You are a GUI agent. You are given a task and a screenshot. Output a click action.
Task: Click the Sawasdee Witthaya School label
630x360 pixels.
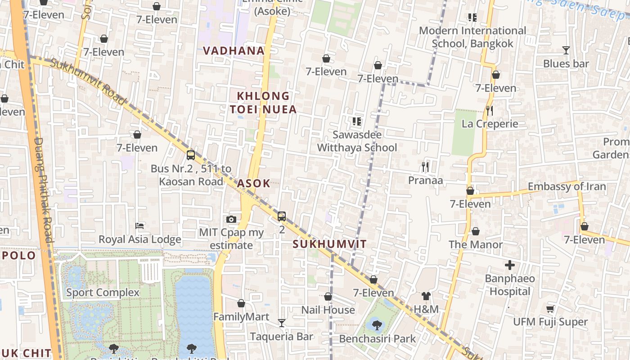357,141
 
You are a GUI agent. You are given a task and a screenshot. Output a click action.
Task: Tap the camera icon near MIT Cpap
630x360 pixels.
231,219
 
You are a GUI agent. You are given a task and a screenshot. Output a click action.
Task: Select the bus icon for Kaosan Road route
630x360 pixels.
191,155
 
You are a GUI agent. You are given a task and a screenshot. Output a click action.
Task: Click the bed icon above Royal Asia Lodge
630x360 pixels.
139,225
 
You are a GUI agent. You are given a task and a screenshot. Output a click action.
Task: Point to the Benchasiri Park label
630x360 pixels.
378,339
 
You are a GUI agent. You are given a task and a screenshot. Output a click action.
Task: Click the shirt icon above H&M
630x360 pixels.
426,296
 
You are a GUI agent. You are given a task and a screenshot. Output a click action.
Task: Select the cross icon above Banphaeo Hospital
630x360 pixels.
509,265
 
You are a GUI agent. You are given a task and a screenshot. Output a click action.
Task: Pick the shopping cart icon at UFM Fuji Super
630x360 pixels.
550,309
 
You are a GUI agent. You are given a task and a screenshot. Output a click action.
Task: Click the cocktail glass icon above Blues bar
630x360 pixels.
566,50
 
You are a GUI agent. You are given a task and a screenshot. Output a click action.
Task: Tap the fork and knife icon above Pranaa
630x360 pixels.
425,167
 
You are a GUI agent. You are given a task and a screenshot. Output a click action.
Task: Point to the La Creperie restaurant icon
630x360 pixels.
490,110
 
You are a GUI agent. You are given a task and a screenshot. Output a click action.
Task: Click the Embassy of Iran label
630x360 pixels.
567,186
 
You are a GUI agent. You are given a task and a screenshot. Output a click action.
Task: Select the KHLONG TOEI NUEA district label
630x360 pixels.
263,103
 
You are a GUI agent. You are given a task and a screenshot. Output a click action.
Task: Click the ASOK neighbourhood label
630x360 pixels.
253,183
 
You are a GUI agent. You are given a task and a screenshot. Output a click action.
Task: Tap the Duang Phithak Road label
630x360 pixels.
44,189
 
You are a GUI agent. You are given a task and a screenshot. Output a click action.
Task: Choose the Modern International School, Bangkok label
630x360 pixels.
472,37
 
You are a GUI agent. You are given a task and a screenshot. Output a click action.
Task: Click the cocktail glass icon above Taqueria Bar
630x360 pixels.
281,323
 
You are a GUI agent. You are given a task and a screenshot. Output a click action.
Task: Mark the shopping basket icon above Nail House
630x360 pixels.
328,297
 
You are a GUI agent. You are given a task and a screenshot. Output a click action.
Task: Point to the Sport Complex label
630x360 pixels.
103,292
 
